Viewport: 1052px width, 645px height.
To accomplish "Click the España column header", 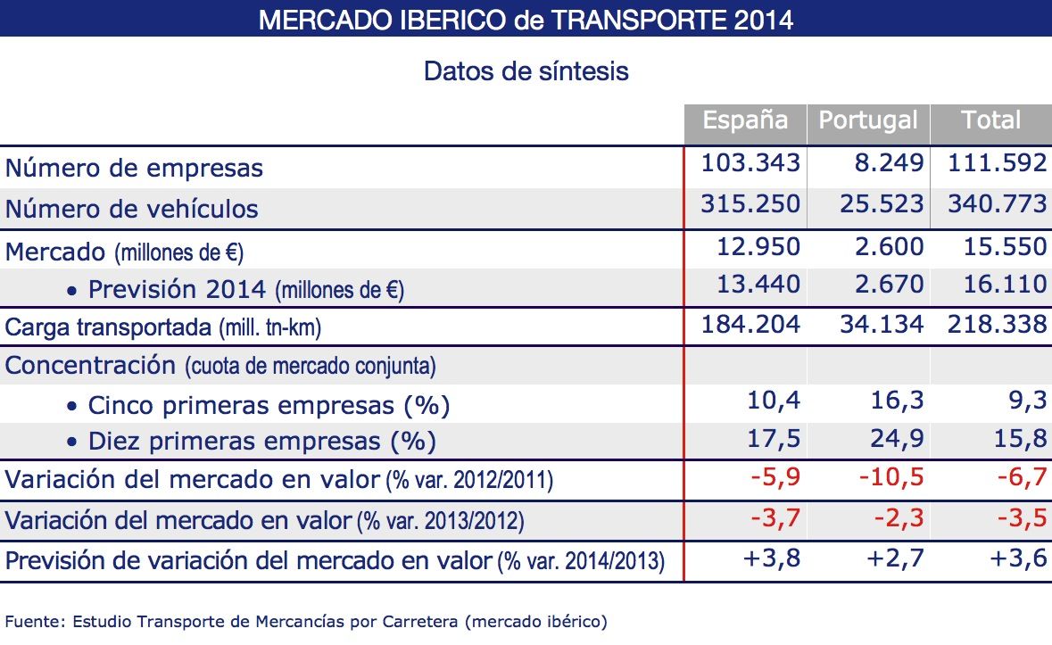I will click(745, 121).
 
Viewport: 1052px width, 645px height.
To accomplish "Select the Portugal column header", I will click(868, 121).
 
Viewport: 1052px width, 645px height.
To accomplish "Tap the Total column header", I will click(990, 121).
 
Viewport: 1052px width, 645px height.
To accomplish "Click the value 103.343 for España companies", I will click(750, 163).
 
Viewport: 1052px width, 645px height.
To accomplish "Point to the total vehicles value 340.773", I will click(997, 204).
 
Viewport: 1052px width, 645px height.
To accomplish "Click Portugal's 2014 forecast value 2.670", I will click(882, 285).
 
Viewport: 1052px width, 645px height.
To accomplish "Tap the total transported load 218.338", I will click(997, 324).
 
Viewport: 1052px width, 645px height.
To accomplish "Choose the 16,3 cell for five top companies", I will click(898, 402).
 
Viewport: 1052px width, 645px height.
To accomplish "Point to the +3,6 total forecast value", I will click(1018, 559).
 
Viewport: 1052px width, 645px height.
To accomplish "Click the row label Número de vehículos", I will click(132, 209).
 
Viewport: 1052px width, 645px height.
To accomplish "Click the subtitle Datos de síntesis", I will click(526, 71).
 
